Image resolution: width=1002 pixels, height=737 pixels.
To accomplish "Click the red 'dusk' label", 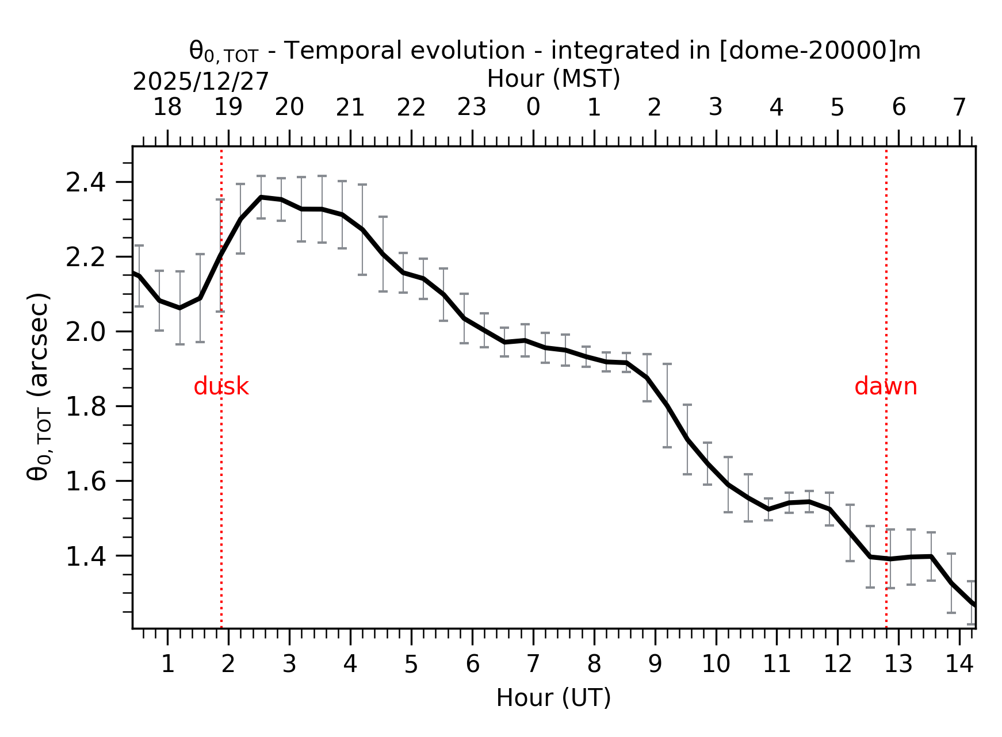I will click(221, 387).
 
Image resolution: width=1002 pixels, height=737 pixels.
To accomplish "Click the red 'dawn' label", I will click(885, 387).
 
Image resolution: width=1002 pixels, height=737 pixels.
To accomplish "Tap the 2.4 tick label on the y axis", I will click(86, 183).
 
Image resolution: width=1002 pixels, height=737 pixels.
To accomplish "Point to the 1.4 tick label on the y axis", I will click(86, 556).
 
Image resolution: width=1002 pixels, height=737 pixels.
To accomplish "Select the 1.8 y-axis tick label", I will click(86, 407).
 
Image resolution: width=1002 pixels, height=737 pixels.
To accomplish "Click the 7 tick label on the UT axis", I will click(533, 664).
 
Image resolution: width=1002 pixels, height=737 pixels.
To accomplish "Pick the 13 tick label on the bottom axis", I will click(898, 664).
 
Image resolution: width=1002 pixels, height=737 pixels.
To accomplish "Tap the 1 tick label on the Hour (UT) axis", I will click(167, 664).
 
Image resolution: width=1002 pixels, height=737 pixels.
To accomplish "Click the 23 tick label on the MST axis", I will click(472, 108).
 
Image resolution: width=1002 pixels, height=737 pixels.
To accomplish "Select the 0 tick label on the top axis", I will click(533, 108).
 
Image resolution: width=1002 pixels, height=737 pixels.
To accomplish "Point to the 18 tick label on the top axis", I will click(167, 108).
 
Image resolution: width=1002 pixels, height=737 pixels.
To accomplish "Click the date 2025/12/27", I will click(201, 82).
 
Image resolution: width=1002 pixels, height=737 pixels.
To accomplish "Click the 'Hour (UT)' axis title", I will click(553, 698).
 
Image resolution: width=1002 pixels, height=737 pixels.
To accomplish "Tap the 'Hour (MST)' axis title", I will click(553, 79).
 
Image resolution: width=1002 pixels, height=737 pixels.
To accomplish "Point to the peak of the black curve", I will click(262, 197).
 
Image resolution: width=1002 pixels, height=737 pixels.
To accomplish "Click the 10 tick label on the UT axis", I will click(716, 664).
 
